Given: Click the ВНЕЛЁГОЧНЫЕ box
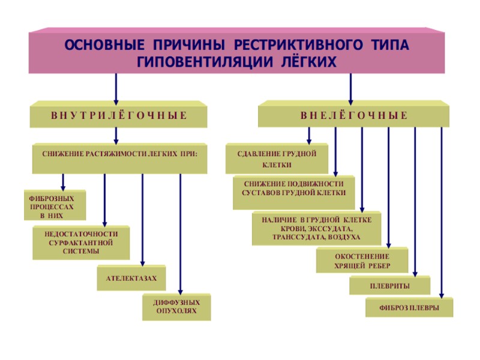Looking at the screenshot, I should [x=353, y=115].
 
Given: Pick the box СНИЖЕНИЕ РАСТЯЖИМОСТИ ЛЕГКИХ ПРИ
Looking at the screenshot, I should [x=119, y=154].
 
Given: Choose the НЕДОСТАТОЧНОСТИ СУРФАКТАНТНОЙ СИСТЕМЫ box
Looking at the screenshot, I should [x=80, y=242].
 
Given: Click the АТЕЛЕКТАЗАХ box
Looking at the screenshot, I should [x=131, y=278].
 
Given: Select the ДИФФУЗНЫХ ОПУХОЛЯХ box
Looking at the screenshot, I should [x=176, y=307].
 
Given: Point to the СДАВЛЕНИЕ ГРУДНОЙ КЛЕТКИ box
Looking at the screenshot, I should [x=277, y=158].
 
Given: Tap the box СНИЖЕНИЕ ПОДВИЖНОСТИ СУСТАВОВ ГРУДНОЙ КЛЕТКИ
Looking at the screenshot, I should [x=293, y=188].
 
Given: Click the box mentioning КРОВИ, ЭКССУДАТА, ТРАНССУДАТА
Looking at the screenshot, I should [x=316, y=229].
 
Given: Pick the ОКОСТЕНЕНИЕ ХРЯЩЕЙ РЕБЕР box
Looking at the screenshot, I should [x=362, y=260].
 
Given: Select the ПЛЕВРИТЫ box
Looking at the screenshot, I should [x=389, y=285].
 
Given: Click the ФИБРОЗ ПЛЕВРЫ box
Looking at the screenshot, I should [x=409, y=308].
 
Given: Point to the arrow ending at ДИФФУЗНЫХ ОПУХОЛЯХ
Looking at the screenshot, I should [x=181, y=234].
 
